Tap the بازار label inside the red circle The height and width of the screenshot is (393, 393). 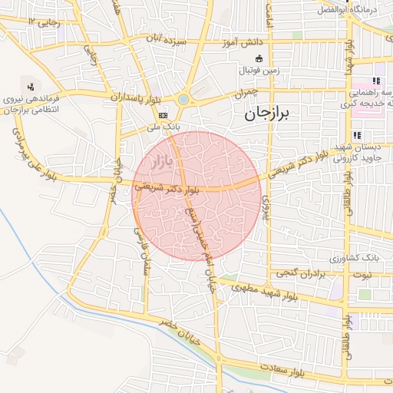159,161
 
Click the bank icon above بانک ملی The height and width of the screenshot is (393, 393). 163,114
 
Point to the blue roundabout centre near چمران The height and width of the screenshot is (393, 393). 183,99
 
